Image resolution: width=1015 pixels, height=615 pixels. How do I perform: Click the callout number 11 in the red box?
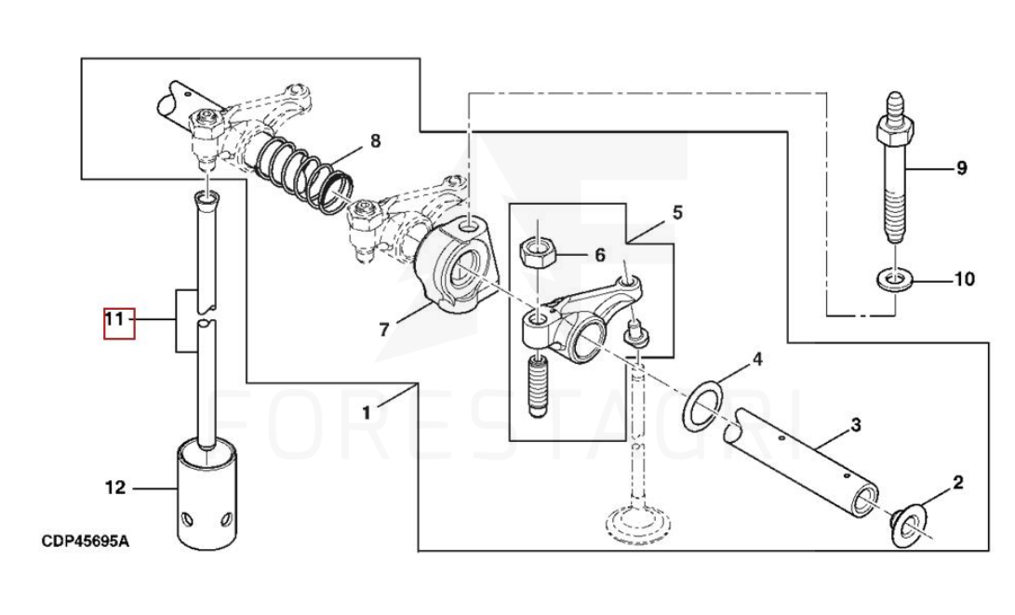click(114, 320)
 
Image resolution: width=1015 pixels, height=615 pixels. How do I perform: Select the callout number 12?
click(114, 487)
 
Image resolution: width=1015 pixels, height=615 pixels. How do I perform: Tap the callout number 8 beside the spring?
click(375, 141)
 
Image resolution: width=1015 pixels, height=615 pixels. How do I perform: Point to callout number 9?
click(961, 168)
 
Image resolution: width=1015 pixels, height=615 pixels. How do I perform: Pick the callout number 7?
click(385, 329)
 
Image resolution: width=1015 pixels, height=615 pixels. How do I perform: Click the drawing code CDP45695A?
click(85, 541)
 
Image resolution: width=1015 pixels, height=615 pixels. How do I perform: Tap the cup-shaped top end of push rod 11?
click(207, 198)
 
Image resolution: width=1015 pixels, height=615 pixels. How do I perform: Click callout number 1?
click(367, 411)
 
